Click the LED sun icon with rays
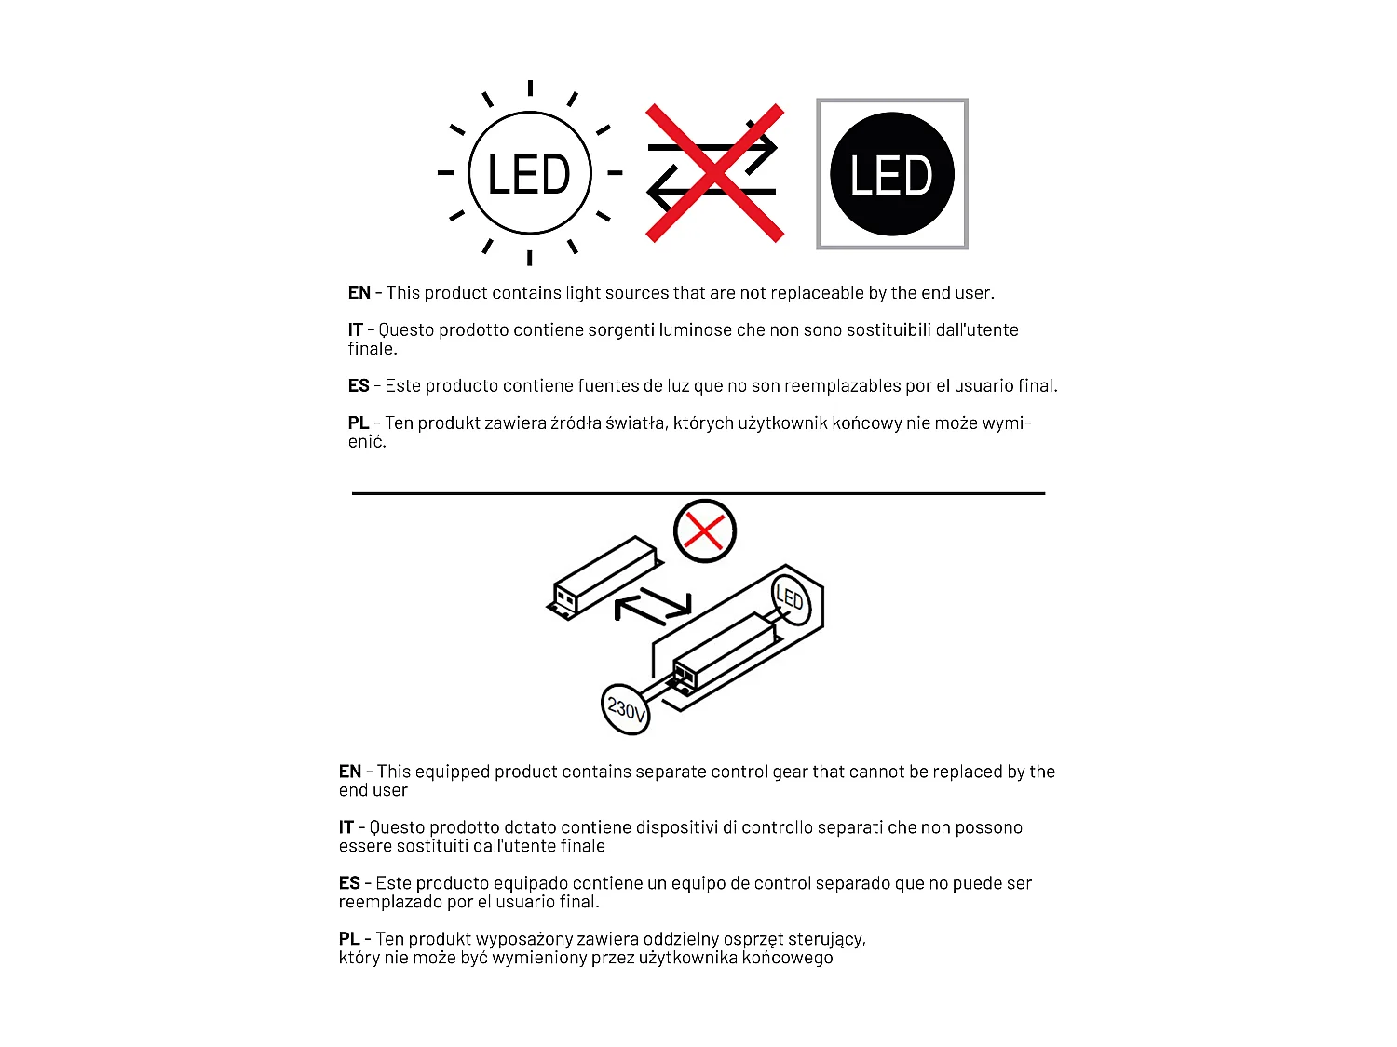pyautogui.click(x=529, y=173)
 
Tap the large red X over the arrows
pyautogui.click(x=714, y=173)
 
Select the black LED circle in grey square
pyautogui.click(x=891, y=174)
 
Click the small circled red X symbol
pyautogui.click(x=705, y=531)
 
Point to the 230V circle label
pyautogui.click(x=626, y=709)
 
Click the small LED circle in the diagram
pyautogui.click(x=791, y=598)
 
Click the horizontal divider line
pyautogui.click(x=698, y=493)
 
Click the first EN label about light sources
pyautogui.click(x=359, y=293)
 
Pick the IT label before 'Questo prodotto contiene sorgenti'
pyautogui.click(x=355, y=330)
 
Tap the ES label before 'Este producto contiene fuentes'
pyautogui.click(x=359, y=386)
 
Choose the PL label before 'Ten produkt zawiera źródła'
pyautogui.click(x=359, y=423)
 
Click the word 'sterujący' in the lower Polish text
pyautogui.click(x=826, y=940)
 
